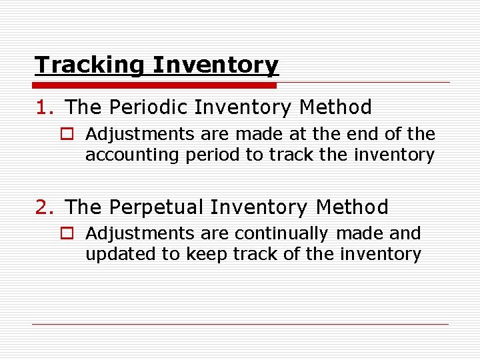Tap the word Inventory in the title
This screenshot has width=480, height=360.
pyautogui.click(x=215, y=65)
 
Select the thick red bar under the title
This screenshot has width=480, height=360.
pyautogui.click(x=155, y=85)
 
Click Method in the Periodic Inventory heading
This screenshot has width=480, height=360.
pyautogui.click(x=336, y=107)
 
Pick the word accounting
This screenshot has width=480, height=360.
pyautogui.click(x=128, y=155)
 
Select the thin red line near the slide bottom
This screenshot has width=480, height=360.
pyautogui.click(x=240, y=325)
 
